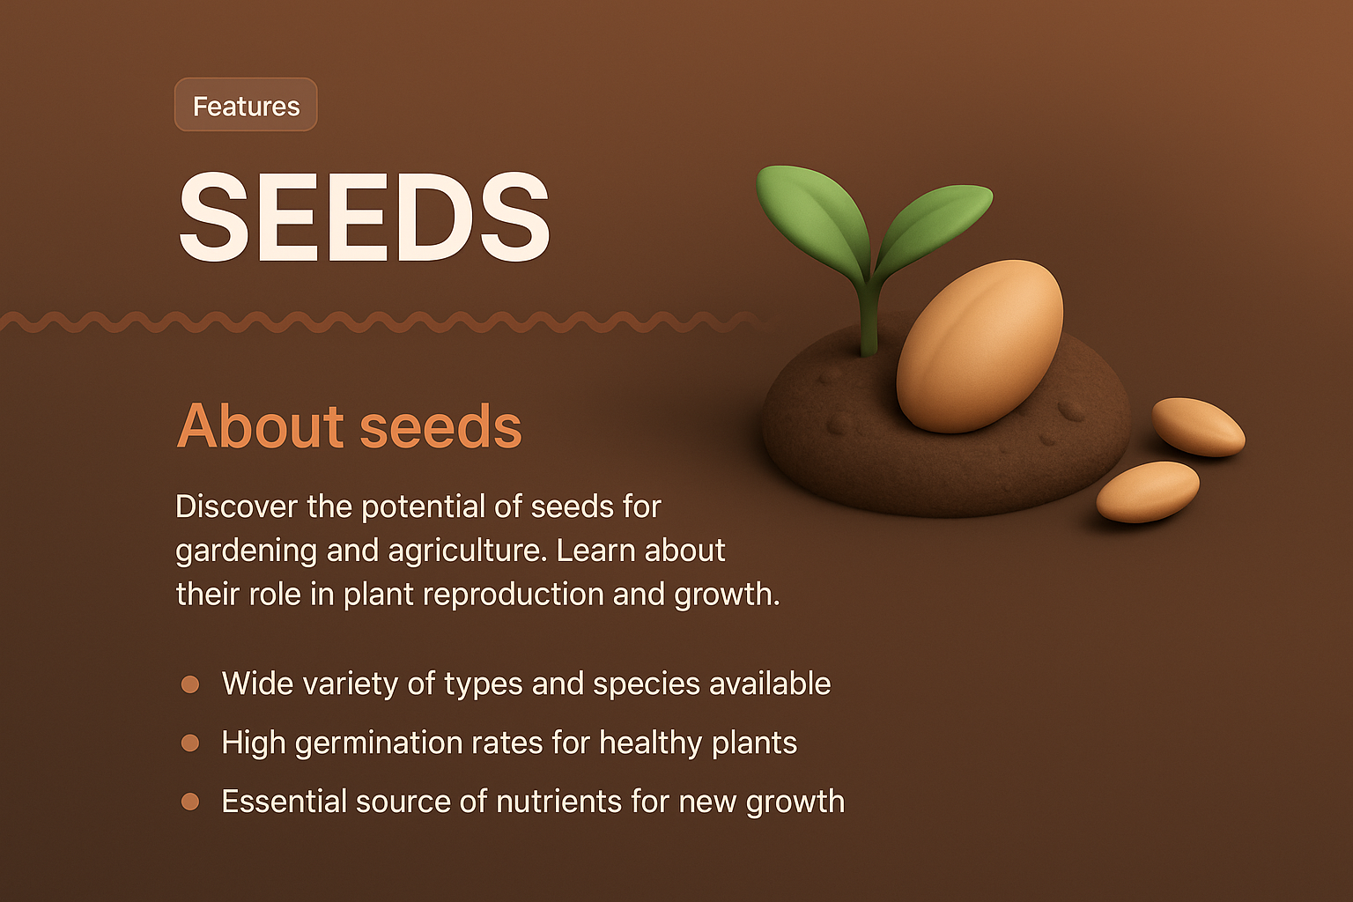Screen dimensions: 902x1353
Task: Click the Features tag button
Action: [246, 106]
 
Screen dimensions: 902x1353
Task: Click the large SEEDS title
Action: [364, 218]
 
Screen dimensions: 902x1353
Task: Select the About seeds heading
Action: [349, 427]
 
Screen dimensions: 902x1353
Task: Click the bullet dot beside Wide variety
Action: [189, 684]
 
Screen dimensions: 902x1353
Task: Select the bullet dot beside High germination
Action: [189, 743]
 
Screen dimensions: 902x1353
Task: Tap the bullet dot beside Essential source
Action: [189, 802]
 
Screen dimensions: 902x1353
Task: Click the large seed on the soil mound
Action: [980, 346]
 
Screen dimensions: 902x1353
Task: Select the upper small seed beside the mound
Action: [1198, 426]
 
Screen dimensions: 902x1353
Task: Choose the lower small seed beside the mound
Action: [1147, 492]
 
